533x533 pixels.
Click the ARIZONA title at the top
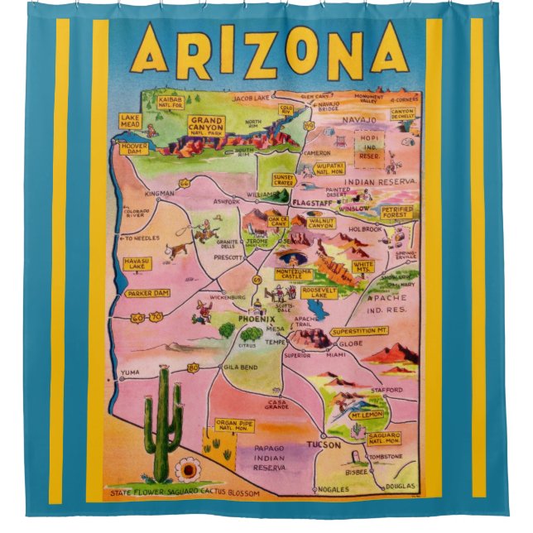(x=269, y=50)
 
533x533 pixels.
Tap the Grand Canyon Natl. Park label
(x=207, y=125)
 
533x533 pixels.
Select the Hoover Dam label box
(x=133, y=149)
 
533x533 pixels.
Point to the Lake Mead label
(x=131, y=119)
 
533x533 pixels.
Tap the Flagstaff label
(x=312, y=202)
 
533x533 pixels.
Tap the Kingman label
(x=159, y=194)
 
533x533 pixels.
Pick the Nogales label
(x=339, y=491)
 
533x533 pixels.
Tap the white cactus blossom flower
(x=188, y=471)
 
